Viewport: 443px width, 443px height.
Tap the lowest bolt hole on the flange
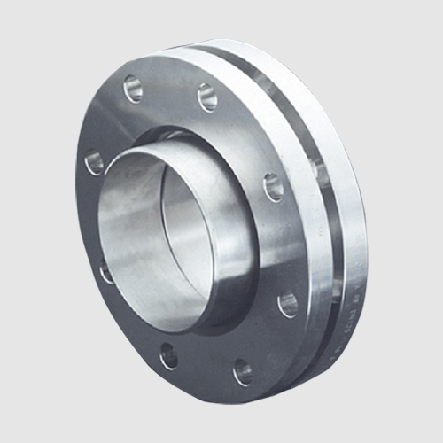point(242,372)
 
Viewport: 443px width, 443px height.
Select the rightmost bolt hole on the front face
point(288,304)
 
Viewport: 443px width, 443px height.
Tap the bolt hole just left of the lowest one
point(168,357)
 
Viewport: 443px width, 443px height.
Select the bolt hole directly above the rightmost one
point(274,187)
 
